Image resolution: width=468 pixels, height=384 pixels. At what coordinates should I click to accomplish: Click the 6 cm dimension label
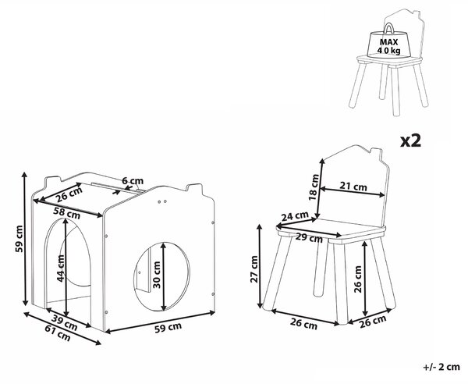[x=133, y=181]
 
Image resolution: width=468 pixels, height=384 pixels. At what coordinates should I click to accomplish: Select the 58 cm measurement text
[x=67, y=213]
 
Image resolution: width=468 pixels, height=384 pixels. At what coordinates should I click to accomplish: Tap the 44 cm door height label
[x=61, y=268]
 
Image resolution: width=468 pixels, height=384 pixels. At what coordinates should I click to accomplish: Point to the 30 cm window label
[x=157, y=275]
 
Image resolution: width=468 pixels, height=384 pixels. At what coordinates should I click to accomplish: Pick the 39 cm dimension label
[x=64, y=323]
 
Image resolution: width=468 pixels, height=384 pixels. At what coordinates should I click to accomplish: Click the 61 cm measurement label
[x=58, y=333]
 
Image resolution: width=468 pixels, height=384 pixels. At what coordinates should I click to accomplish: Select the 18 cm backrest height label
[x=314, y=187]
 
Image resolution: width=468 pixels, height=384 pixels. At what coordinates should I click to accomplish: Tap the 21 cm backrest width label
[x=353, y=187]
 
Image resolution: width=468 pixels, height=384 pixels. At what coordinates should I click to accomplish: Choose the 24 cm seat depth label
[x=295, y=216]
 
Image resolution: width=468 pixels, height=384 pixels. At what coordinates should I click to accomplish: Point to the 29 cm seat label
[x=310, y=238]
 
